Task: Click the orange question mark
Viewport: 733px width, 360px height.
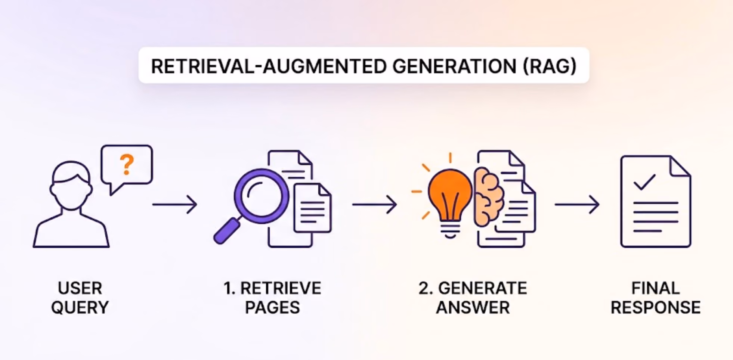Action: (127, 164)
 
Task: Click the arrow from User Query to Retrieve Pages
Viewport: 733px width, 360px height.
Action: (174, 204)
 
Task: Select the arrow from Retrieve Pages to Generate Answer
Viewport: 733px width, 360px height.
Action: (374, 204)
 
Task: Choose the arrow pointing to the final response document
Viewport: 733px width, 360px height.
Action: (577, 204)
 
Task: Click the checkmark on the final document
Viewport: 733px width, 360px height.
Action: (644, 182)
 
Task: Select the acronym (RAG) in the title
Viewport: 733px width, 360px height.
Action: (550, 66)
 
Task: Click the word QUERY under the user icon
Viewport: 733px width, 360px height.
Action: (80, 308)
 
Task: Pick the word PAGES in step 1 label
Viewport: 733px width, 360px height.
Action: (272, 307)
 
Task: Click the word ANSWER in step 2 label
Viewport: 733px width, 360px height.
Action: (473, 307)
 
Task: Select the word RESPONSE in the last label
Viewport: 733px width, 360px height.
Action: (656, 307)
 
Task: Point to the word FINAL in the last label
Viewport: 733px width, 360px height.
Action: (656, 288)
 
